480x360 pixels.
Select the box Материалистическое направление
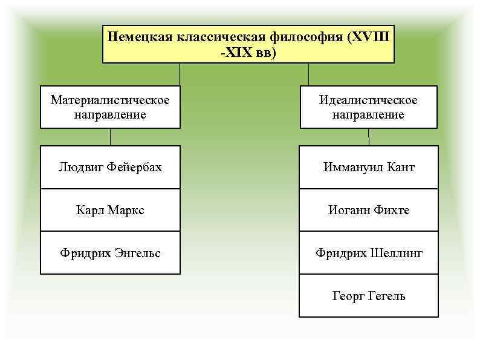coord(110,106)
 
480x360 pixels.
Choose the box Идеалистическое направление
coord(368,106)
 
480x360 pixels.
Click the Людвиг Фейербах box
coord(110,167)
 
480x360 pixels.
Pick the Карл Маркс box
coord(110,210)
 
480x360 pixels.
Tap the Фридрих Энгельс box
coord(110,253)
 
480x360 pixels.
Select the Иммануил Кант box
coord(368,167)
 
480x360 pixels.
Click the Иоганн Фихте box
coord(368,210)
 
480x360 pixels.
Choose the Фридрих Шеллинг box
coord(368,253)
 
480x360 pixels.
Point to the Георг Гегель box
coord(368,296)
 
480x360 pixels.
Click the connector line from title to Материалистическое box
coord(179,74)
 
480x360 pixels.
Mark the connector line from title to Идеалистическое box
coord(309,74)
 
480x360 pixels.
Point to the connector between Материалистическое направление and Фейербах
coord(110,137)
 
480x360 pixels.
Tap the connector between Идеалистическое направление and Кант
coord(369,137)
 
